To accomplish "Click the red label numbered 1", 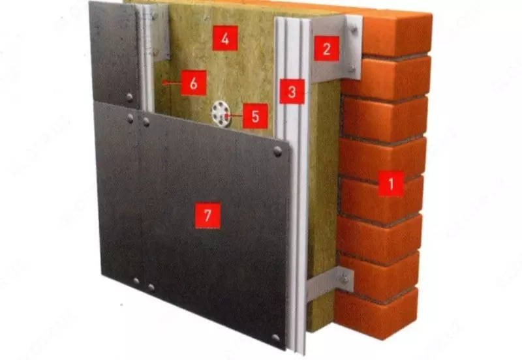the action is [391, 184].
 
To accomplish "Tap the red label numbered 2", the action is [326, 48].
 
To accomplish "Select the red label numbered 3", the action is [292, 91].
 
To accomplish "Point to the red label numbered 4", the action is [225, 38].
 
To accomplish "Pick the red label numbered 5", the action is [255, 116].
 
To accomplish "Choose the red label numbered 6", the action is [194, 83].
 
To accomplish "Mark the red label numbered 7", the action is [207, 216].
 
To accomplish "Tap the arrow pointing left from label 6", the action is [172, 83].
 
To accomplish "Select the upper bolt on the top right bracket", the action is [354, 30].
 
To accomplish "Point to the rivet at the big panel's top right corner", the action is [277, 152].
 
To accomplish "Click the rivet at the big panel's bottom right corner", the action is [275, 338].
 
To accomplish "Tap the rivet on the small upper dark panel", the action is [129, 97].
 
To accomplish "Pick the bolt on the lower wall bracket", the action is [344, 279].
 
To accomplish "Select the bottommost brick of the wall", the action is [376, 314].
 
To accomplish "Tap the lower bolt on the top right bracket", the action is [352, 69].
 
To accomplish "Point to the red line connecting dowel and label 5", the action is [235, 116].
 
